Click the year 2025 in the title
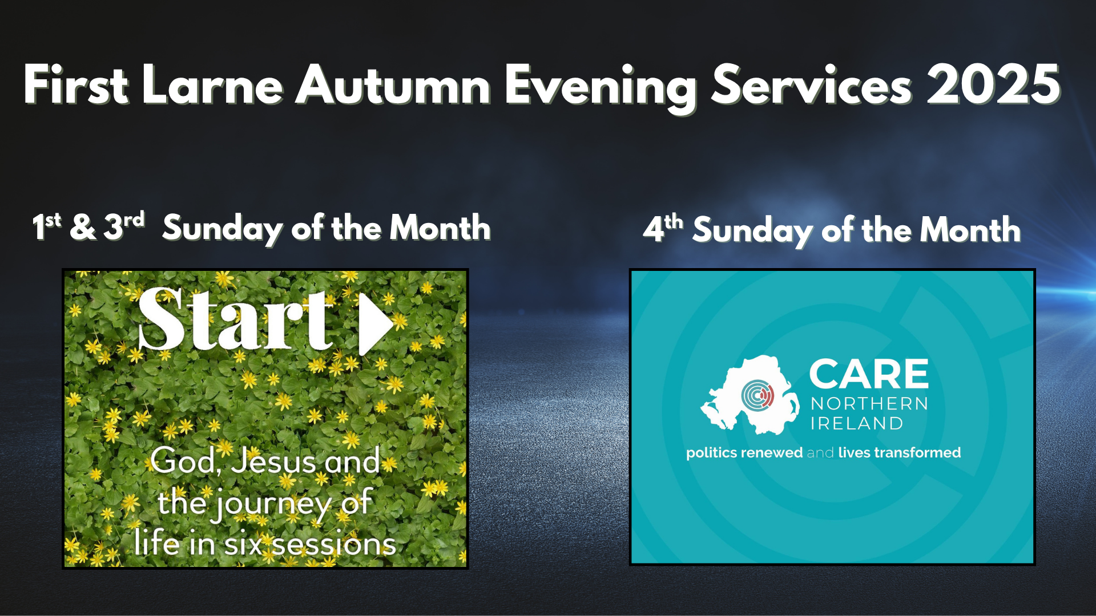pyautogui.click(x=994, y=84)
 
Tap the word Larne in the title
pyautogui.click(x=213, y=84)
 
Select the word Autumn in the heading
pyautogui.click(x=393, y=84)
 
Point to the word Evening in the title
pyautogui.click(x=601, y=88)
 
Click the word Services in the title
pyautogui.click(x=811, y=84)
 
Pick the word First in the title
pyautogui.click(x=75, y=84)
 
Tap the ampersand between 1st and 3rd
pyautogui.click(x=83, y=226)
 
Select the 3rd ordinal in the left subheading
pyautogui.click(x=124, y=225)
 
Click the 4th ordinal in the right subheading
pyautogui.click(x=663, y=228)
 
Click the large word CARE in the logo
pyautogui.click(x=869, y=374)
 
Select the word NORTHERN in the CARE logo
pyautogui.click(x=869, y=404)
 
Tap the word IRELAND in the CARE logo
pyautogui.click(x=857, y=423)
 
